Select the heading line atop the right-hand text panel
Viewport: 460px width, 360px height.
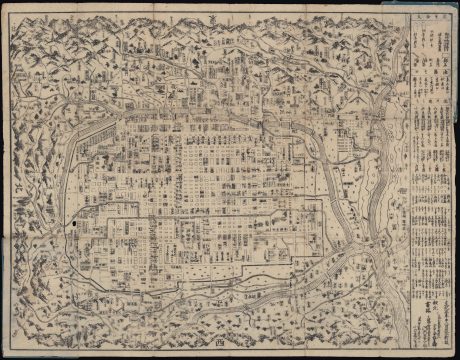pos(432,17)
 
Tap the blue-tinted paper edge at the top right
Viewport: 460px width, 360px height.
pos(440,5)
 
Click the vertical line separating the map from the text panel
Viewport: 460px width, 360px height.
pos(410,180)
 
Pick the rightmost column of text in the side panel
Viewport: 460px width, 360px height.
pos(446,150)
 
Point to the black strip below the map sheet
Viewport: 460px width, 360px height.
pos(230,355)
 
